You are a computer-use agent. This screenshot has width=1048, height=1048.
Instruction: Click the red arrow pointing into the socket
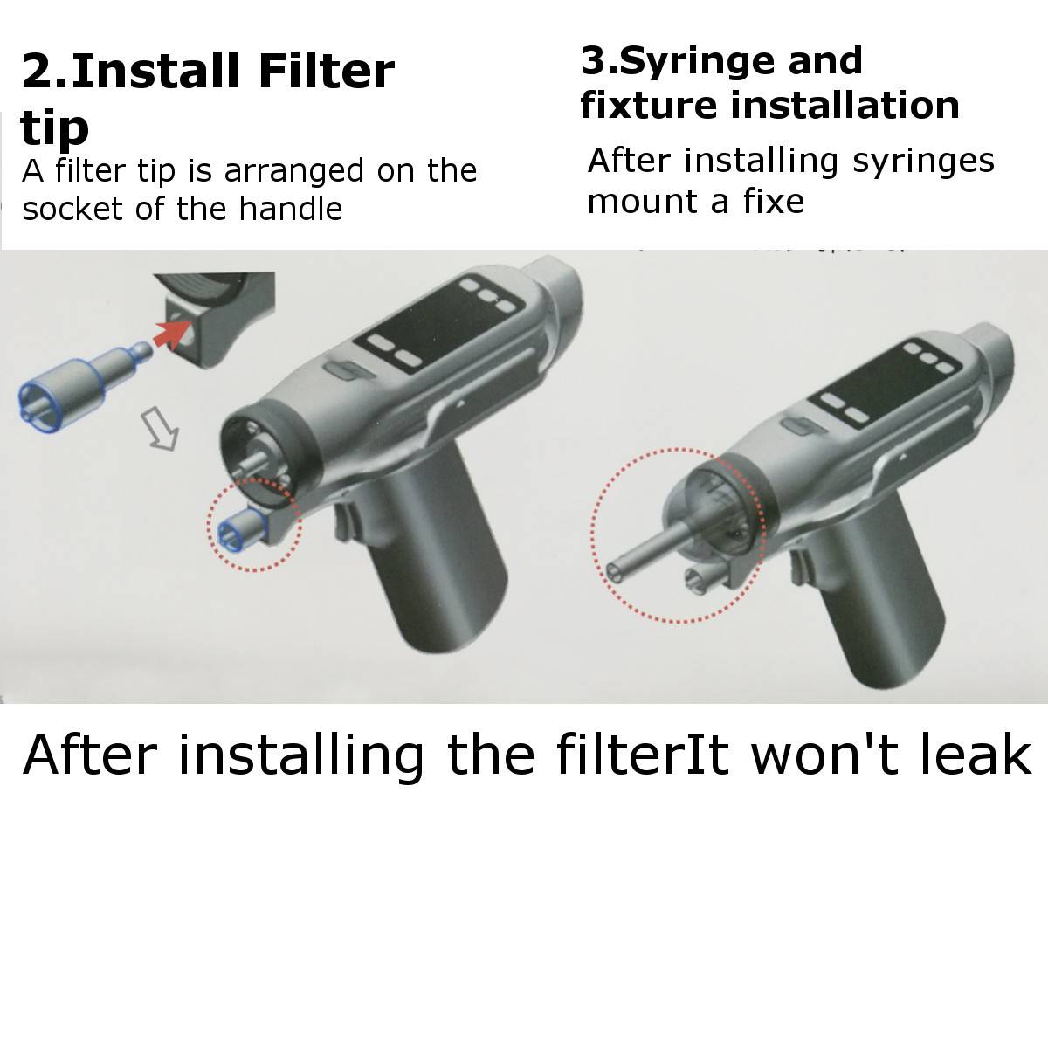coord(172,334)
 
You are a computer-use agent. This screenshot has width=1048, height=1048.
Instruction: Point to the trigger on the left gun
coord(343,522)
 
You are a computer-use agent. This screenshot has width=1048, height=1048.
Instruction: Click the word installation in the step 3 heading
coord(845,105)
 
